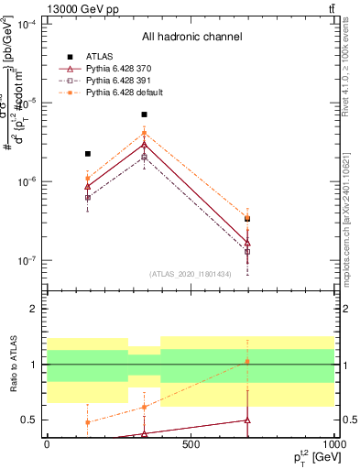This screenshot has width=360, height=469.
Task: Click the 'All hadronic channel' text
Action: pyautogui.click(x=191, y=38)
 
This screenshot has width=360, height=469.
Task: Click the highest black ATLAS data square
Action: pyautogui.click(x=145, y=115)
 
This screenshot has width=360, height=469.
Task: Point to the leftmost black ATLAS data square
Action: pyautogui.click(x=88, y=154)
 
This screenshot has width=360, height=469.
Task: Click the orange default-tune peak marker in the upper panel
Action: pyautogui.click(x=145, y=134)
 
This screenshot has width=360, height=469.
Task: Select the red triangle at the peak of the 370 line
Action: pyautogui.click(x=145, y=145)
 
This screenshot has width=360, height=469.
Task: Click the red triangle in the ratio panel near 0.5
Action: pyautogui.click(x=246, y=420)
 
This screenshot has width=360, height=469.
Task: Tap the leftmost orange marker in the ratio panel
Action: pyautogui.click(x=88, y=422)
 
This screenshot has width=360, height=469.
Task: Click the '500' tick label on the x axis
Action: pyautogui.click(x=191, y=445)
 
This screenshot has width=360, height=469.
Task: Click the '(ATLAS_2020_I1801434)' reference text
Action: pyautogui.click(x=191, y=274)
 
